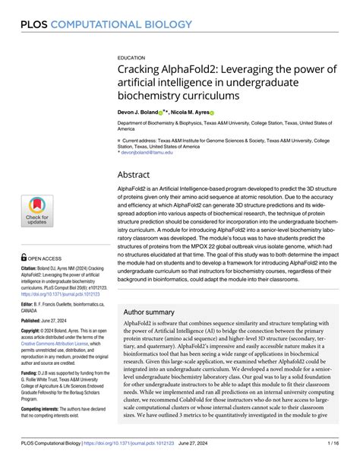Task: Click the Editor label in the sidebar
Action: pos(28,304)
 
